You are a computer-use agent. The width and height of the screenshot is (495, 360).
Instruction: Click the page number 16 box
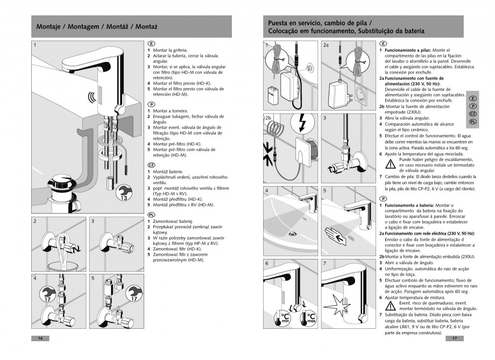pyautogui.click(x=40, y=338)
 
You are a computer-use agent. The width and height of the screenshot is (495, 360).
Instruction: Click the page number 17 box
pyautogui.click(x=455, y=338)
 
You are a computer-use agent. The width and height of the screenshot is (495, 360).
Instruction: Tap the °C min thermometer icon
pyautogui.click(x=285, y=317)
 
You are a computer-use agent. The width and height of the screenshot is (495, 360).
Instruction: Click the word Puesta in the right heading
pyautogui.click(x=280, y=23)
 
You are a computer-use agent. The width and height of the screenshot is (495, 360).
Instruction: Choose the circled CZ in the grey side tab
pyautogui.click(x=472, y=114)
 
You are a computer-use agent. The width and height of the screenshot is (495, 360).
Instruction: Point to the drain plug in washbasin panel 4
pyautogui.click(x=292, y=233)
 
